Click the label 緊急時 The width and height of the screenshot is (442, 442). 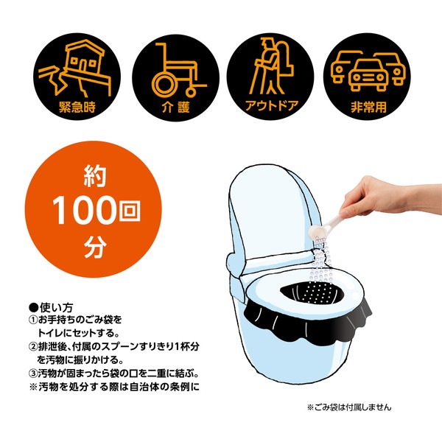(x=77, y=107)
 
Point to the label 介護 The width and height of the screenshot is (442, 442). (x=175, y=107)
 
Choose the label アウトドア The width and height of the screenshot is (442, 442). (x=271, y=107)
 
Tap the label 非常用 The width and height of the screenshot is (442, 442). (x=368, y=107)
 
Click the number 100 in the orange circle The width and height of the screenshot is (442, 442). (x=84, y=210)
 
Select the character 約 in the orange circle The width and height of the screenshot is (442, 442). (x=95, y=176)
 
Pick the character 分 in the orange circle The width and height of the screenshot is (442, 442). (x=95, y=248)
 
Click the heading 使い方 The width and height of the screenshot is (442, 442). (x=57, y=307)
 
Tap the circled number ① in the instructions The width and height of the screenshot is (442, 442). (x=34, y=320)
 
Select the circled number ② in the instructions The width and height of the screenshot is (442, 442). (x=34, y=347)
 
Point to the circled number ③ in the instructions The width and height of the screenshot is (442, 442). (x=34, y=373)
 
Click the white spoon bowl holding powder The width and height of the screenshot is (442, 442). (x=315, y=232)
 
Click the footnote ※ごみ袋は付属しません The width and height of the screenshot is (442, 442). (x=349, y=407)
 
